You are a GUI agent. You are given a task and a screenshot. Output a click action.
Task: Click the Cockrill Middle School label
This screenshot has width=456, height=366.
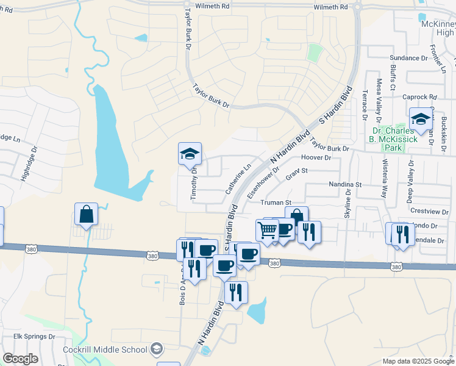pyautogui.click(x=105, y=350)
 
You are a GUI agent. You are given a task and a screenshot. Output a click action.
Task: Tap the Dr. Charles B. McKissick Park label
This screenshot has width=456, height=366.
pyautogui.click(x=395, y=139)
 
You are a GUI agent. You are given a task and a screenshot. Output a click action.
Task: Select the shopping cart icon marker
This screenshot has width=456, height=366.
pyautogui.click(x=267, y=231)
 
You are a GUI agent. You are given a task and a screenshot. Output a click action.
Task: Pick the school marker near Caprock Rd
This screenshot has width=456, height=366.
pyautogui.click(x=421, y=120)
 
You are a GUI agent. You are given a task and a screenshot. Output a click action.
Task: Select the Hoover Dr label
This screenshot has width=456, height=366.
pyautogui.click(x=316, y=157)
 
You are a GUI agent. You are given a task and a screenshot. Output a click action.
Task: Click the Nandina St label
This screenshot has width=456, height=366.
pyautogui.click(x=345, y=184)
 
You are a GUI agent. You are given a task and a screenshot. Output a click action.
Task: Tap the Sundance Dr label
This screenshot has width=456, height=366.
pyautogui.click(x=408, y=58)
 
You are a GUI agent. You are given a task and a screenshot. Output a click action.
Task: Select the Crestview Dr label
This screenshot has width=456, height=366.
pyautogui.click(x=429, y=211)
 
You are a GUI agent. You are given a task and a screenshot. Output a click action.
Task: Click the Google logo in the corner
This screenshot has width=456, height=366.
pyautogui.click(x=20, y=359)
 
